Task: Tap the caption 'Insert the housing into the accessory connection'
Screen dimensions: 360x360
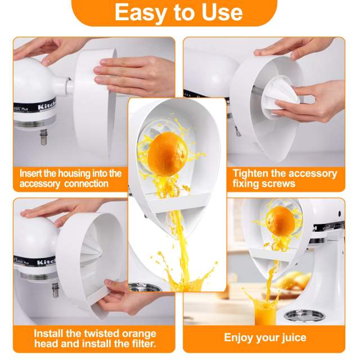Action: (70, 178)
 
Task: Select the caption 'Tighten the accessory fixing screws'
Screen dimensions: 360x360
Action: (284, 178)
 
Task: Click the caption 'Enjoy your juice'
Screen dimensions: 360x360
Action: (265, 337)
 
